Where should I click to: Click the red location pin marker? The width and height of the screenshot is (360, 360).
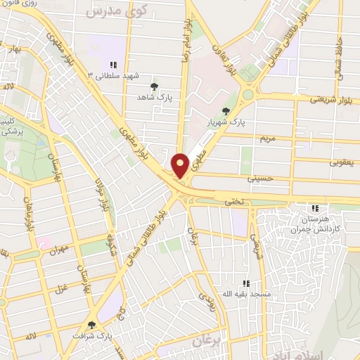coord(181,165)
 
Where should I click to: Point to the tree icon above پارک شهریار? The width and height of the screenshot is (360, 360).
coord(225,110)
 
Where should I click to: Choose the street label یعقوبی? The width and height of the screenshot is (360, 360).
coord(343,162)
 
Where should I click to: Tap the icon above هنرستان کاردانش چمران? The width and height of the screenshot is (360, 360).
coord(315,208)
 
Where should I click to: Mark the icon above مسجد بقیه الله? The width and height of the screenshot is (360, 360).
coord(245,283)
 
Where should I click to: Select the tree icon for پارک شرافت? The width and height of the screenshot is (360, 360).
coord(91,324)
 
